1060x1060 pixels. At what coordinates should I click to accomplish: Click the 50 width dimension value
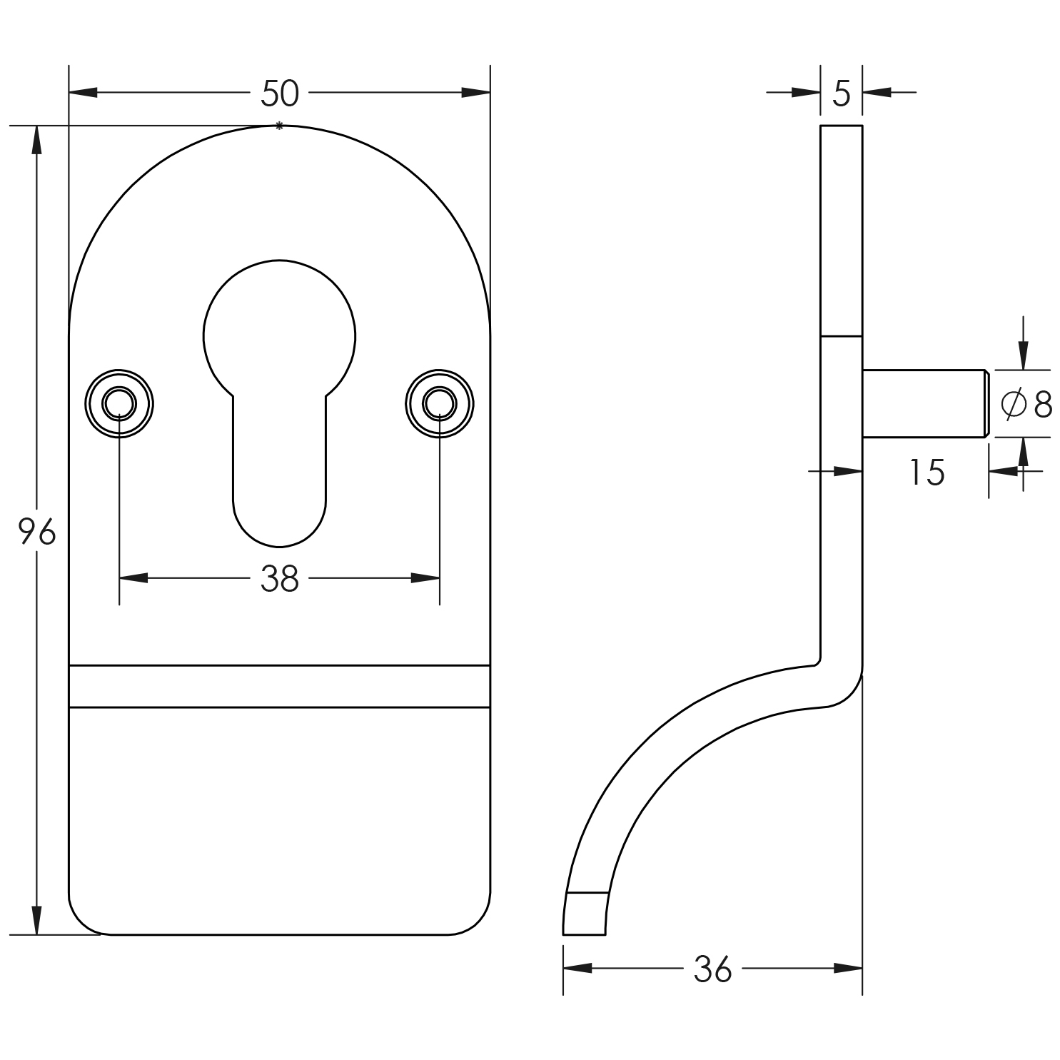coord(280,94)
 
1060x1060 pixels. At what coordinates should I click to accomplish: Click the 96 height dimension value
coord(37,532)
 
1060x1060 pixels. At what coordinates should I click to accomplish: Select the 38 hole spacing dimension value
coord(280,579)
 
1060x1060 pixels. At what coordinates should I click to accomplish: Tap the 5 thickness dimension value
coord(842,94)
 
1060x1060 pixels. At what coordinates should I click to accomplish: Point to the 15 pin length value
coord(927,473)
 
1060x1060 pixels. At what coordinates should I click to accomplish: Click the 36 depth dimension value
coord(712,969)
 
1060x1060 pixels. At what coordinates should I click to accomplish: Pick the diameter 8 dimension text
coord(1027,405)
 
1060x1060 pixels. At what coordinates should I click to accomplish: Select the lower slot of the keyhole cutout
coord(279,485)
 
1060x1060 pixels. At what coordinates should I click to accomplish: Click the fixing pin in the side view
coord(924,403)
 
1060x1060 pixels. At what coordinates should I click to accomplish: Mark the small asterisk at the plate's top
coord(279,126)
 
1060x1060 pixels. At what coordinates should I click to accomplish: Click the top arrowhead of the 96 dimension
coord(37,139)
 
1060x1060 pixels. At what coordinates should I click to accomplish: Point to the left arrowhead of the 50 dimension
coord(83,93)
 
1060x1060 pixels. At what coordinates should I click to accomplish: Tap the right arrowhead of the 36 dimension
coord(849,969)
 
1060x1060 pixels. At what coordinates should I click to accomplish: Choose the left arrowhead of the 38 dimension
coord(133,578)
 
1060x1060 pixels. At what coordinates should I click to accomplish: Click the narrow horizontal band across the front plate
coord(279,686)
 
